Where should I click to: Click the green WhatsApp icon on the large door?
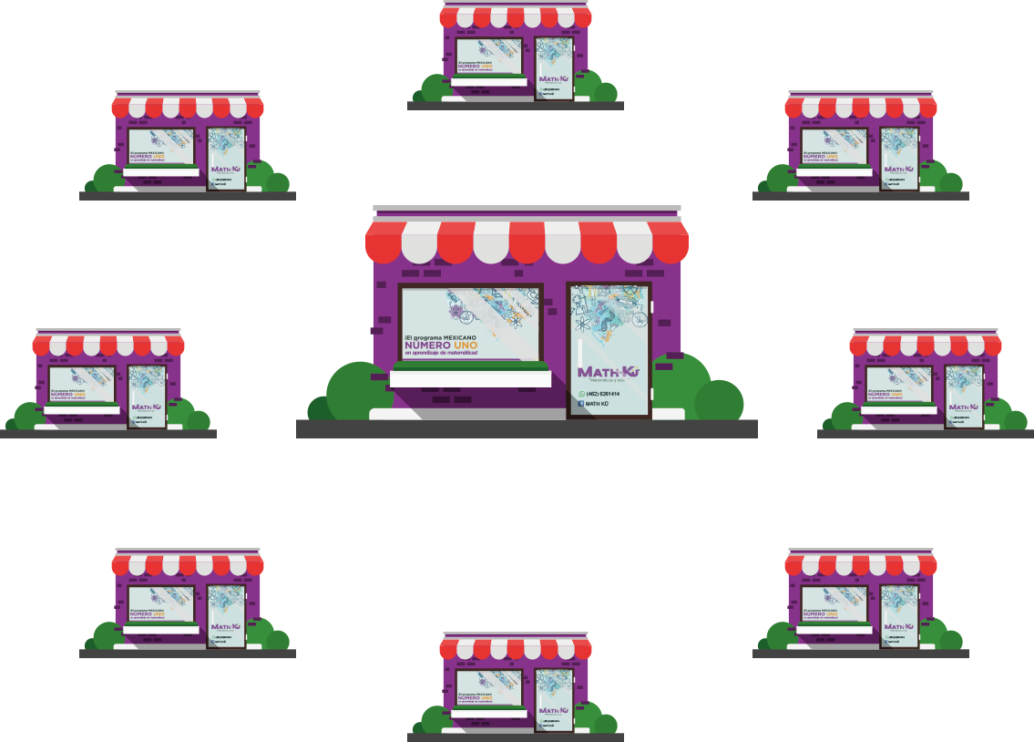coord(581,394)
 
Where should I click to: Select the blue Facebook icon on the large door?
coord(581,403)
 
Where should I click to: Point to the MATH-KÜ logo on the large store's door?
coord(609,371)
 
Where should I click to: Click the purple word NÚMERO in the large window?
coord(434,346)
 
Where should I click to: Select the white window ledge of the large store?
coord(470,377)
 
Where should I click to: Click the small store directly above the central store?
coord(516,55)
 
